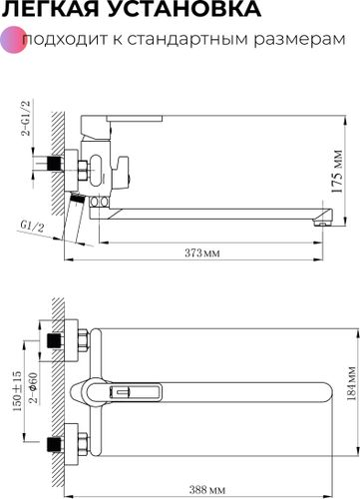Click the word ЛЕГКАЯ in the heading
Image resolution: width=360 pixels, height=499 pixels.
click(49, 8)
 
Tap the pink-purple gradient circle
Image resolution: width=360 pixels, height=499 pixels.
click(13, 40)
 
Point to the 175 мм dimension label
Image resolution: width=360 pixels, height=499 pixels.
click(337, 172)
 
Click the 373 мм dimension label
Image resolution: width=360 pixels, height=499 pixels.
click(202, 252)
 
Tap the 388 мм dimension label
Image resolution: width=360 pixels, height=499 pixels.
click(207, 490)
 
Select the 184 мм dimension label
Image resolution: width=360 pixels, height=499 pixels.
click(351, 384)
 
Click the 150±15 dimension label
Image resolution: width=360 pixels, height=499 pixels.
click(17, 391)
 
